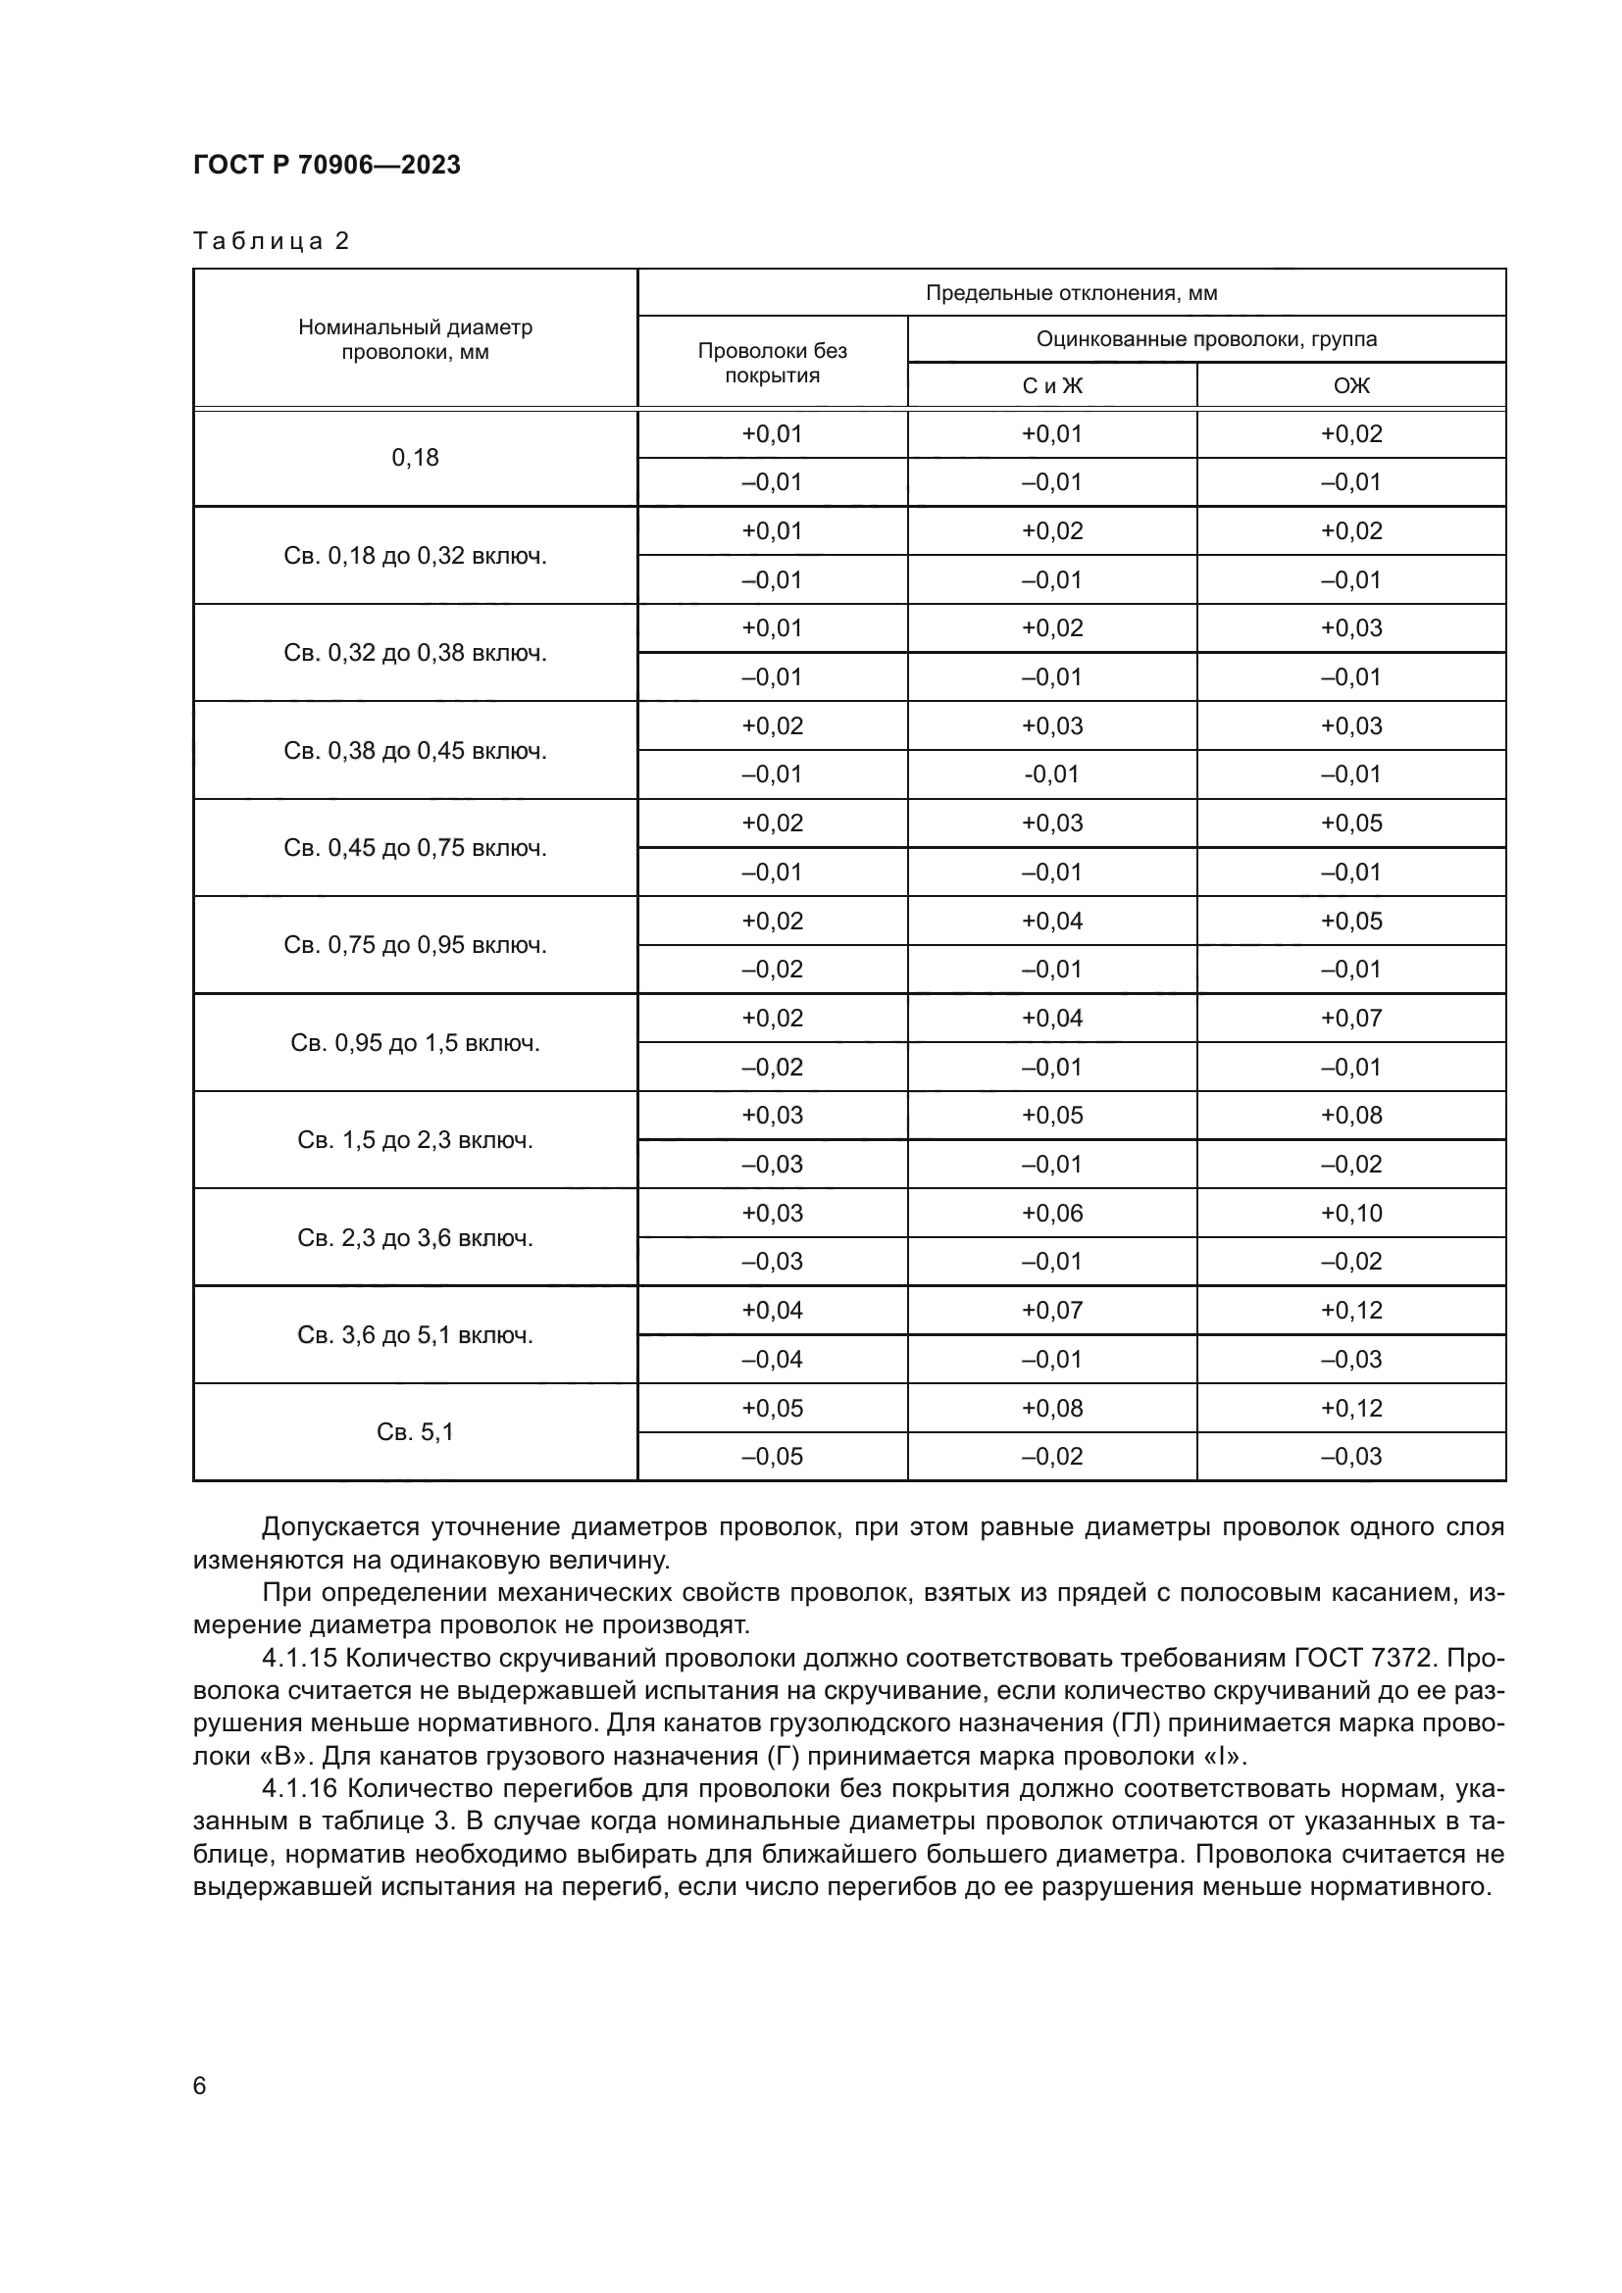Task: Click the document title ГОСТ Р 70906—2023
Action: pyautogui.click(x=327, y=165)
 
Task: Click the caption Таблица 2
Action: pyautogui.click(x=271, y=241)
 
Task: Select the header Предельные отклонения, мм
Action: pyautogui.click(x=1071, y=292)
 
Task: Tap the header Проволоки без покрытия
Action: pyautogui.click(x=772, y=363)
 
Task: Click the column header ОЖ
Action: pyautogui.click(x=1351, y=385)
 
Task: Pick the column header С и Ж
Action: pyautogui.click(x=1051, y=385)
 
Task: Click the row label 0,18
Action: pyautogui.click(x=415, y=458)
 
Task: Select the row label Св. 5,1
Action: pyautogui.click(x=415, y=1432)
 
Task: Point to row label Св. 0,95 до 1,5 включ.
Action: pyautogui.click(x=415, y=1043)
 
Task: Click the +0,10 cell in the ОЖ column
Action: pyautogui.click(x=1351, y=1213)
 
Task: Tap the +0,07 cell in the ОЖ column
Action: pyautogui.click(x=1351, y=1018)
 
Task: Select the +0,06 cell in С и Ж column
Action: pyautogui.click(x=1051, y=1213)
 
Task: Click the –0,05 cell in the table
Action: pyautogui.click(x=772, y=1456)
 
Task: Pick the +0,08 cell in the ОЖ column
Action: pyautogui.click(x=1351, y=1115)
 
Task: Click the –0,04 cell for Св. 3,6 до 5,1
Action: pyautogui.click(x=772, y=1359)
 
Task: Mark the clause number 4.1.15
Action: pyautogui.click(x=299, y=1659)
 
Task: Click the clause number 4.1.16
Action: pyautogui.click(x=299, y=1789)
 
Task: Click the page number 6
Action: pyautogui.click(x=200, y=2086)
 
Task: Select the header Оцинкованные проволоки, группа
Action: pyautogui.click(x=1205, y=338)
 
